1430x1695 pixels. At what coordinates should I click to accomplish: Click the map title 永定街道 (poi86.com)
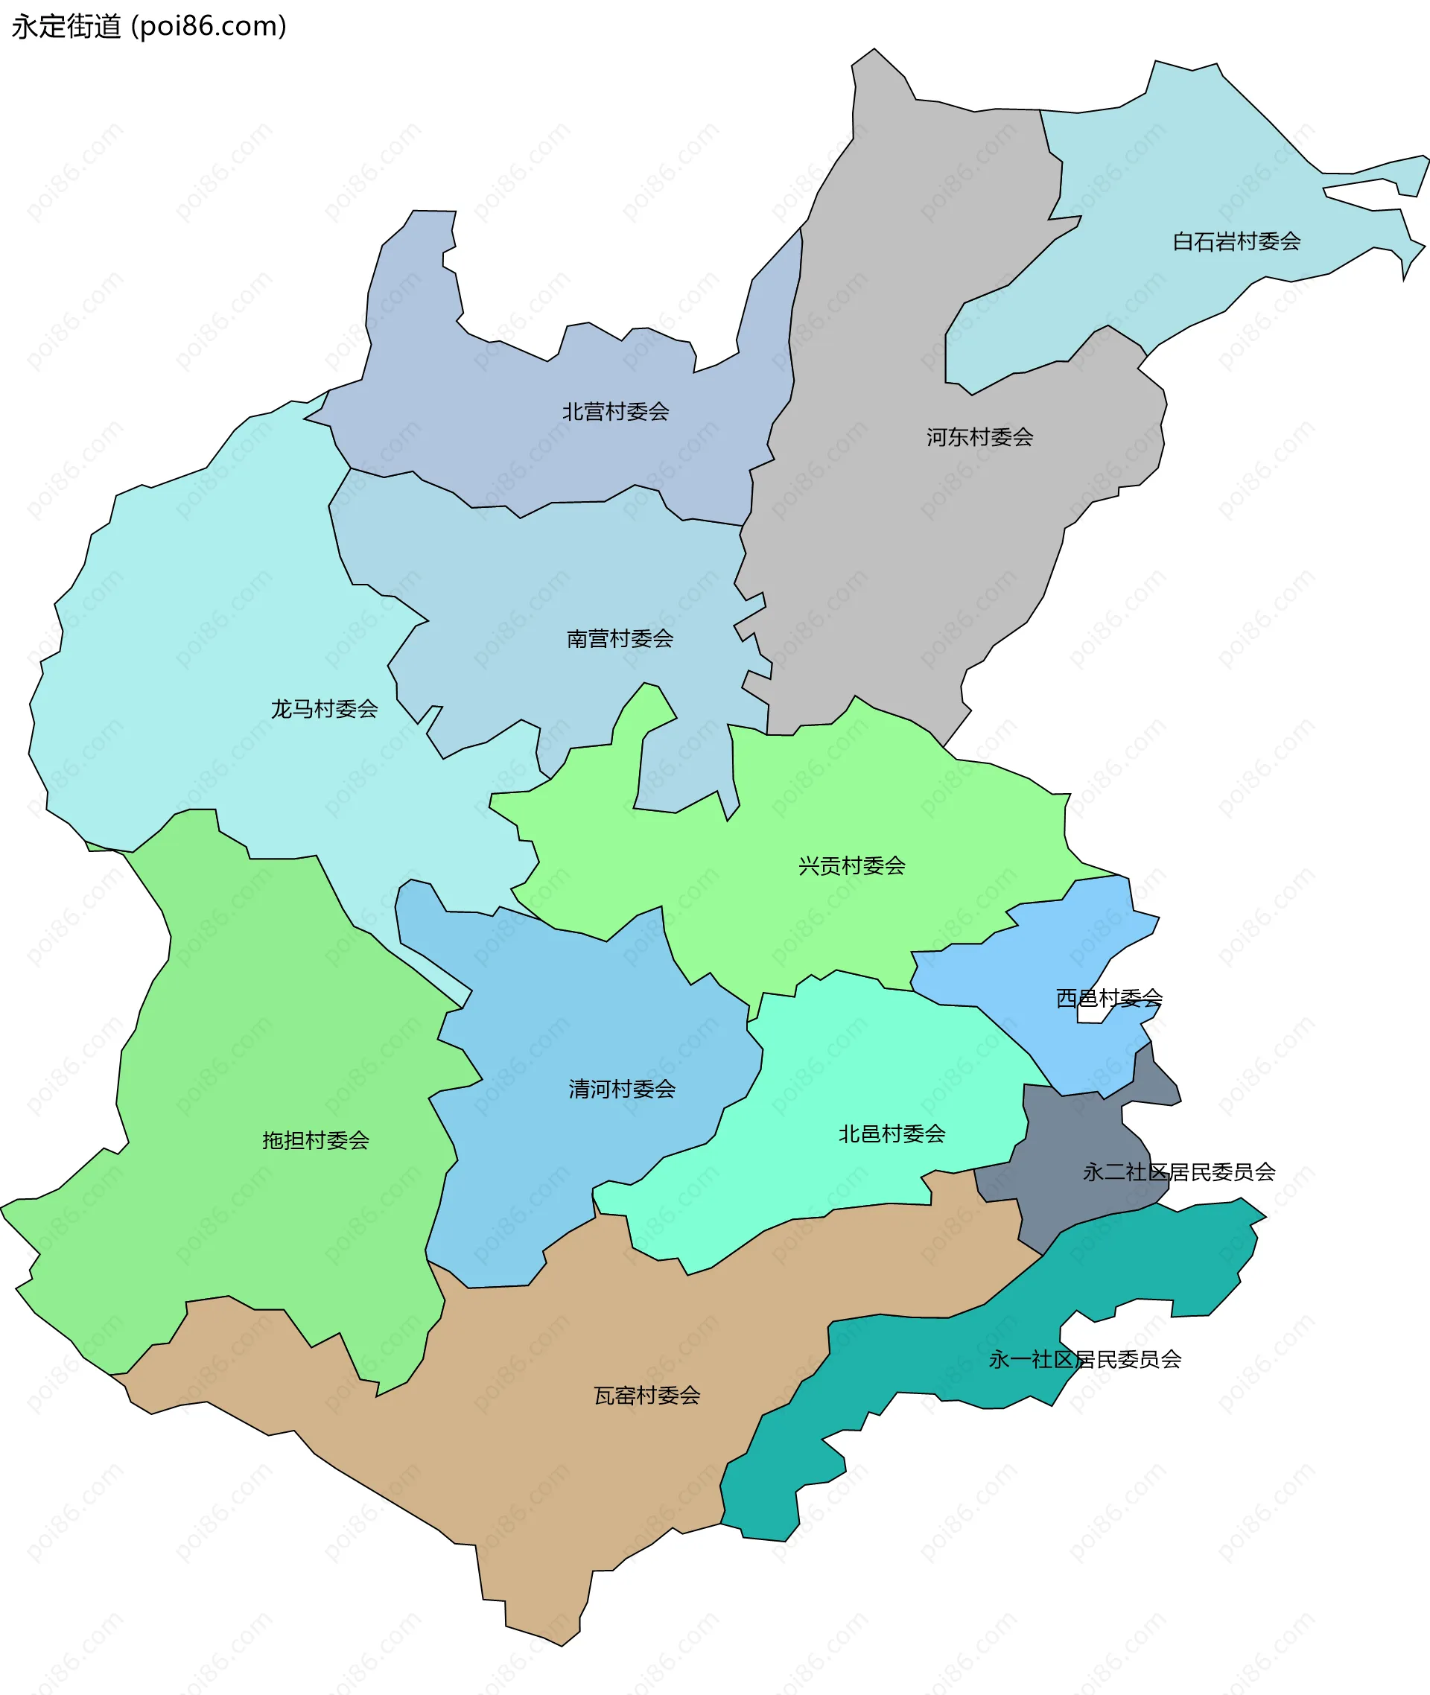(x=149, y=27)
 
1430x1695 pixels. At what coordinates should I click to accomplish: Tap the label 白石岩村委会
(x=1236, y=241)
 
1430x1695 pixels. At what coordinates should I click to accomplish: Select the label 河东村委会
(x=979, y=438)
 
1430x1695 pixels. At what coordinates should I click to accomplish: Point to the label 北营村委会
(x=615, y=412)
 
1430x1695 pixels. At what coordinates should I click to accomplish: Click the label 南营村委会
(x=620, y=639)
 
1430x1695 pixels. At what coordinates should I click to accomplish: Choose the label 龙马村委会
(x=324, y=709)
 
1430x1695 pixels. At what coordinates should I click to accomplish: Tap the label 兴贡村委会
(x=851, y=865)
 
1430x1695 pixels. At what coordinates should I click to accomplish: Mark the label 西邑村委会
(x=1108, y=998)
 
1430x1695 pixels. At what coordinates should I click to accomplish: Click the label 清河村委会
(x=622, y=1089)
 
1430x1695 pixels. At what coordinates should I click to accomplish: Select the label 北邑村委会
(x=892, y=1133)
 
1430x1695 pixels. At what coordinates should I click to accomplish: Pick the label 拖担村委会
(x=315, y=1140)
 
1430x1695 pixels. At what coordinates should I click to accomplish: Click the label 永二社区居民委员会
(x=1179, y=1171)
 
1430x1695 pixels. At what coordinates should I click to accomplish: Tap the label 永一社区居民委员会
(x=1084, y=1358)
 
